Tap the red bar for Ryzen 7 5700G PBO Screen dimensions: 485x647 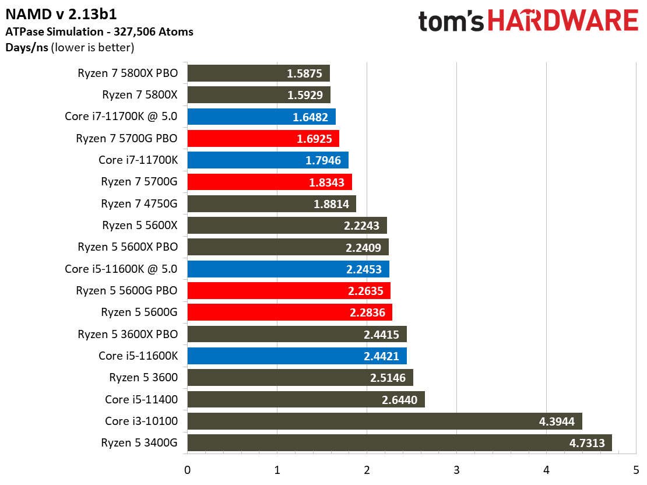click(x=263, y=139)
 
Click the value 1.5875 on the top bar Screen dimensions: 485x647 click(x=305, y=74)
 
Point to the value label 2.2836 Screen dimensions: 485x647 click(x=367, y=312)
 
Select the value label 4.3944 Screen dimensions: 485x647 click(x=557, y=421)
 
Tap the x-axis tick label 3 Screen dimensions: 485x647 click(x=456, y=470)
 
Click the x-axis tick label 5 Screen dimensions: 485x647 click(x=636, y=470)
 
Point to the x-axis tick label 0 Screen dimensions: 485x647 click(x=187, y=470)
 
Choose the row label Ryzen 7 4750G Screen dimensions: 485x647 click(x=139, y=204)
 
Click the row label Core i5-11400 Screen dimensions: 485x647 click(x=141, y=399)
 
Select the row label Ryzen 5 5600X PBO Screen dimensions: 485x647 click(x=128, y=247)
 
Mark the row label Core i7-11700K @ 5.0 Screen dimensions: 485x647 click(x=121, y=117)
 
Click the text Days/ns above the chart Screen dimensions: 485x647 click(x=27, y=47)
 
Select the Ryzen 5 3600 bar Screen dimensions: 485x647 click(x=300, y=378)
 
